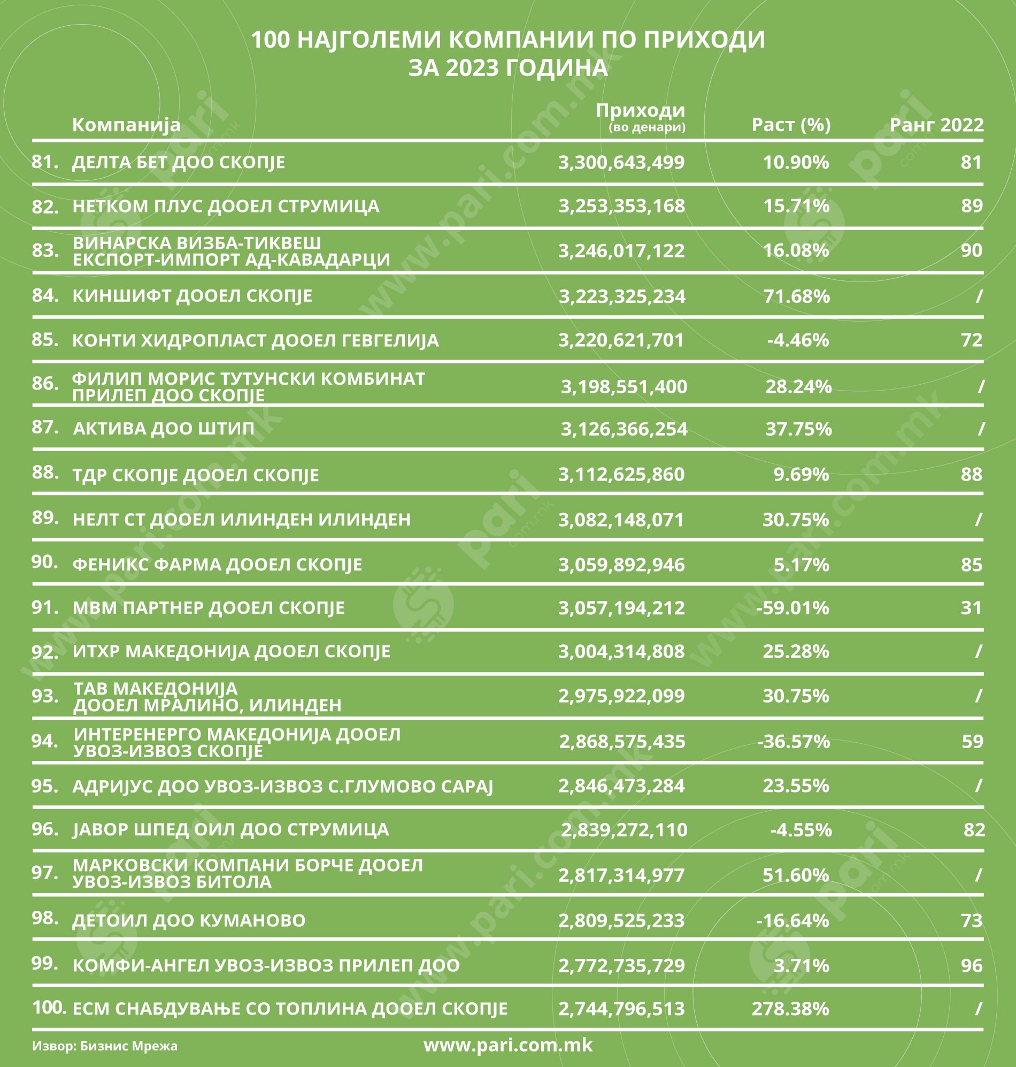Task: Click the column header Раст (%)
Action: click(791, 125)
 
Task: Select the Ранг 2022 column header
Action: click(936, 125)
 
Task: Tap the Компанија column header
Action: click(126, 125)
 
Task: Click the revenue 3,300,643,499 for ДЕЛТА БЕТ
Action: click(621, 162)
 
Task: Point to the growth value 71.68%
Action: click(796, 296)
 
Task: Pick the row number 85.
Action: click(45, 340)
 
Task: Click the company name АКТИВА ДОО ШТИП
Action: click(164, 429)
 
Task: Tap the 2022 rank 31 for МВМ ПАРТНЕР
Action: click(971, 608)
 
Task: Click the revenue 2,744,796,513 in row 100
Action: click(621, 1009)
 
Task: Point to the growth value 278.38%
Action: click(790, 1009)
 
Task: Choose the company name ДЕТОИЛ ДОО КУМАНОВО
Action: click(189, 920)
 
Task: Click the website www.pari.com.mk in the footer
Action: click(508, 1044)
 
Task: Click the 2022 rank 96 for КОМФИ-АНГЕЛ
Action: click(972, 965)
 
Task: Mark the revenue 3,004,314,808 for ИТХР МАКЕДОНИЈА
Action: click(621, 651)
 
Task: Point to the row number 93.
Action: click(45, 696)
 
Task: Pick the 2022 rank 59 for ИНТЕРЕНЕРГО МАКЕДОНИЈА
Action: click(972, 741)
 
